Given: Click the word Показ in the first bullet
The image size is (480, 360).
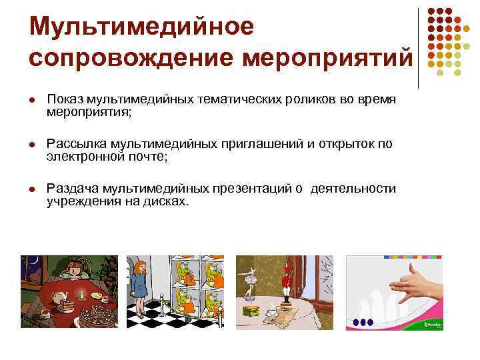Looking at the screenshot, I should (65, 99).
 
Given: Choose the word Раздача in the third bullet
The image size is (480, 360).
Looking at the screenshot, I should (71, 189).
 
